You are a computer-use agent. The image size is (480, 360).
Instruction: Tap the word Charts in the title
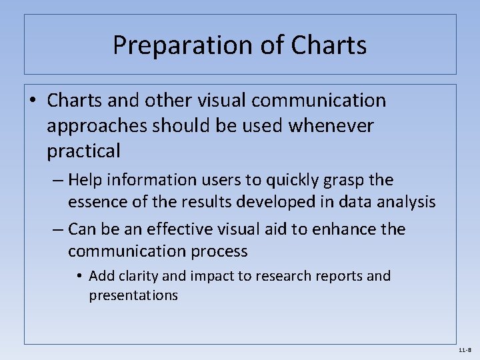tap(329, 46)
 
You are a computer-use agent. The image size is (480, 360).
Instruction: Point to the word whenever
tap(331, 126)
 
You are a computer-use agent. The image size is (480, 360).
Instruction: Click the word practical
tap(84, 151)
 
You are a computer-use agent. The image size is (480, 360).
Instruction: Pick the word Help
tap(85, 180)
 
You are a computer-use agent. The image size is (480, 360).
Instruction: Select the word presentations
tap(133, 295)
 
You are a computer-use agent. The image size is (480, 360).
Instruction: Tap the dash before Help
tap(58, 180)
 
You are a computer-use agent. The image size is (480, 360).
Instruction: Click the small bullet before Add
tap(79, 276)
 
